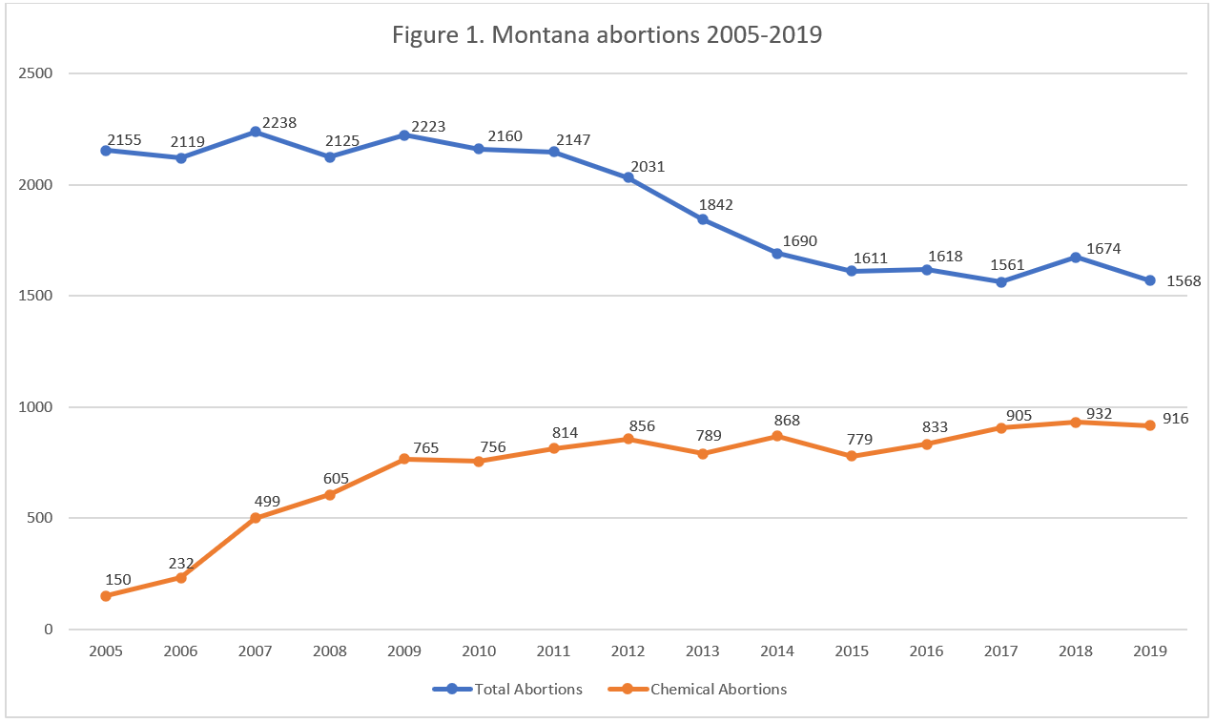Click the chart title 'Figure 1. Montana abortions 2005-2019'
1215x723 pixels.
607,36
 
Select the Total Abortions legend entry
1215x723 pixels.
527,689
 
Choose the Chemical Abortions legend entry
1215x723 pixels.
718,689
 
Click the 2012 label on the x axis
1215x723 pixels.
628,651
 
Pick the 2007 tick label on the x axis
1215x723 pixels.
255,651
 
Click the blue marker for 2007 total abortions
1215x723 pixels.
256,132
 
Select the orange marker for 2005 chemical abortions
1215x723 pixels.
106,596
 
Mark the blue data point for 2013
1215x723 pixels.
703,219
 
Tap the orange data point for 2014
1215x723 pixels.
777,436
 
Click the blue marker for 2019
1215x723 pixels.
1150,280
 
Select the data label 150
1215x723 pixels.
118,579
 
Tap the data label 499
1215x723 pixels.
268,500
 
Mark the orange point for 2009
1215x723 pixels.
404,459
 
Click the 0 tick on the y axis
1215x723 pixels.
48,630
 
